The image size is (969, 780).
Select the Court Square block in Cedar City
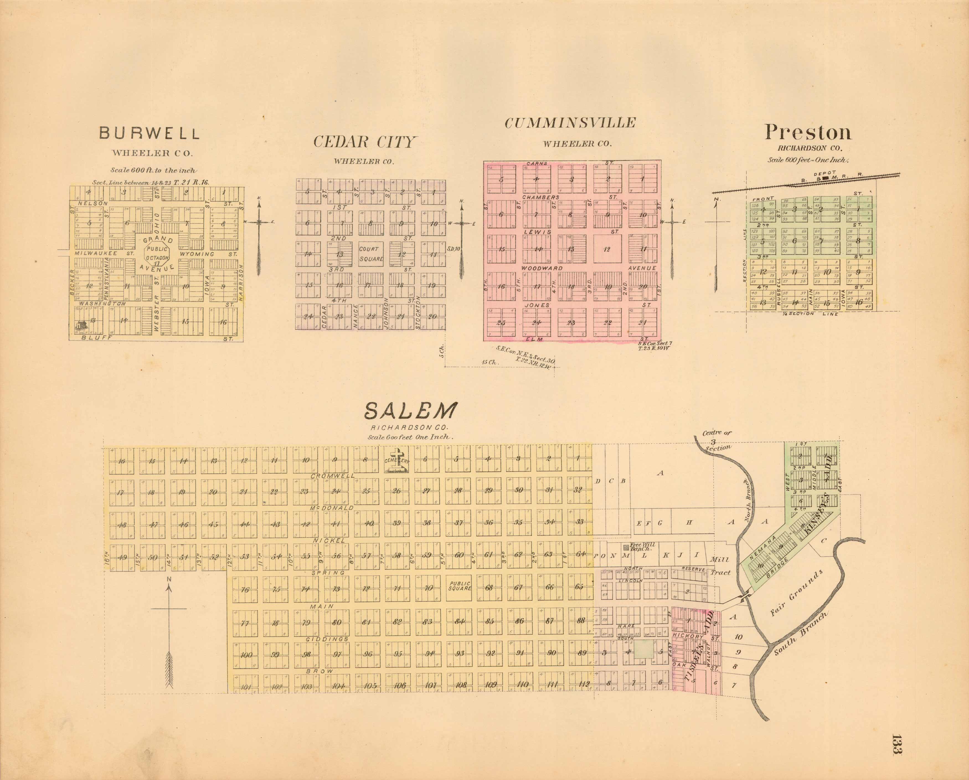(x=371, y=254)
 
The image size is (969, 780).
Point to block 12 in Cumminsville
(x=607, y=249)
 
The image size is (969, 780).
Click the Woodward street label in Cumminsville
(x=542, y=268)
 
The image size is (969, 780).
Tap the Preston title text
(x=808, y=132)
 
